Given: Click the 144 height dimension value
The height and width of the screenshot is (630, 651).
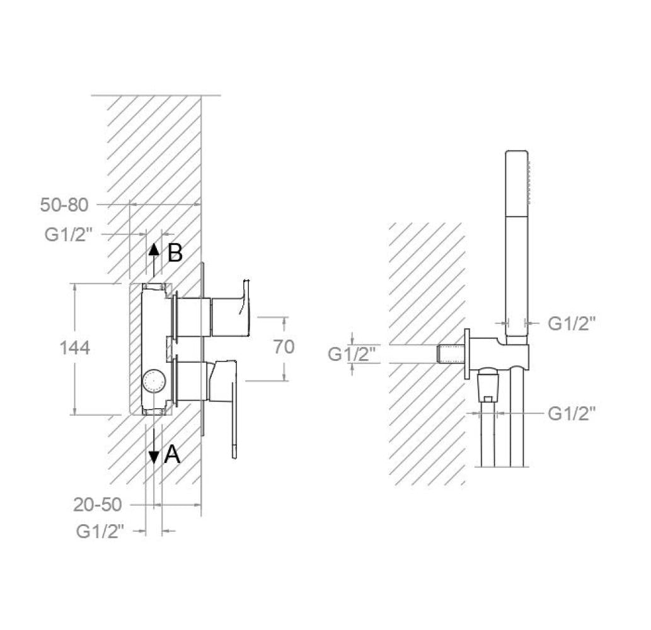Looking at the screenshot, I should [74, 348].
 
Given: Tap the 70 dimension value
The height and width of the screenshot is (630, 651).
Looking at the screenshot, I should [284, 347].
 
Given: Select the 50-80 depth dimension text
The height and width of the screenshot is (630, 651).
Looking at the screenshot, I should [64, 205].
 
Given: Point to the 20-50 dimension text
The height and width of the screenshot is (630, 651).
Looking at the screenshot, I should [98, 505].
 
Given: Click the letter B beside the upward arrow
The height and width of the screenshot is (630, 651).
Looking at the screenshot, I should [175, 253].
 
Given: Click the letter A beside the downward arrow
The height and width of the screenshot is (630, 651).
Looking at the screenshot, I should [171, 454].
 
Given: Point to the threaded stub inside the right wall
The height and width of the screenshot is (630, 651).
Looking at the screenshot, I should [450, 354].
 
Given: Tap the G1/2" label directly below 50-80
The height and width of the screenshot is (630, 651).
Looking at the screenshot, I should [69, 234].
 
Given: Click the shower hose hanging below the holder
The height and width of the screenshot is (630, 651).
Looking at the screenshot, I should [487, 441].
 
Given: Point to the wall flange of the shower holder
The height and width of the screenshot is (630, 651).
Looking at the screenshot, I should [467, 354].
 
